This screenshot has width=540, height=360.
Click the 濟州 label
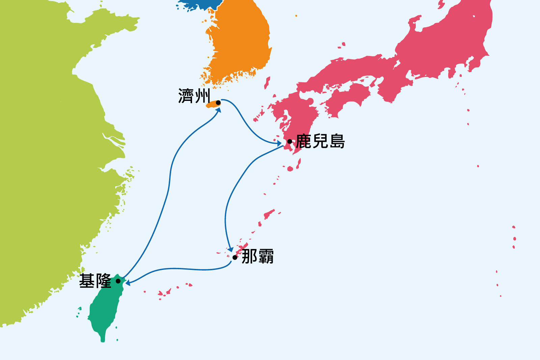point(194,96)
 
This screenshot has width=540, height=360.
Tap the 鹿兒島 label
point(320,141)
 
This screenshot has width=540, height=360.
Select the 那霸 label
point(258,256)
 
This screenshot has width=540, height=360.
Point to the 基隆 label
point(95,281)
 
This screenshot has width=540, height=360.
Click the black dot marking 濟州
point(218,103)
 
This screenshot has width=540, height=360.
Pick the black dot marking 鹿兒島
point(290,141)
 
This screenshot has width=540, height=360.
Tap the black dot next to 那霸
point(235,257)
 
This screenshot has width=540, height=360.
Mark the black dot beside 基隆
point(118,281)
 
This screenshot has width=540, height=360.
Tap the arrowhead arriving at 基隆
point(128,283)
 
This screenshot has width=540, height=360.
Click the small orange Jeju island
point(213,105)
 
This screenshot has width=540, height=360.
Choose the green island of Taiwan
point(103,310)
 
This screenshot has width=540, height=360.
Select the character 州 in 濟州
point(202,96)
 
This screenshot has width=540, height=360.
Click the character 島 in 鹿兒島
point(337,141)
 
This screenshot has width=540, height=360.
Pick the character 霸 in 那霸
point(266,256)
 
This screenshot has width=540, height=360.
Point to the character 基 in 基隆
point(87,281)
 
